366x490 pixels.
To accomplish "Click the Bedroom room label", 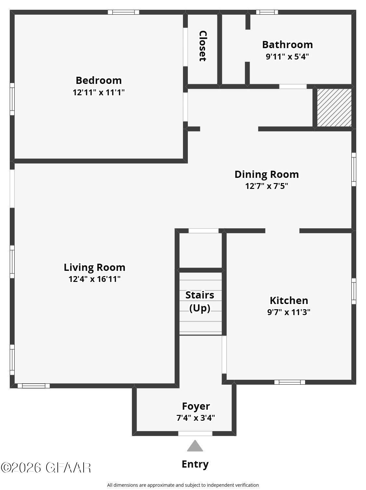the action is click(98, 80).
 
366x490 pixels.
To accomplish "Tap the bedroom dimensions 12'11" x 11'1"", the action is click(98, 92).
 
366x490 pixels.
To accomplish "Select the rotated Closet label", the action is click(203, 46).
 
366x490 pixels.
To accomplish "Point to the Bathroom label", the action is click(287, 45).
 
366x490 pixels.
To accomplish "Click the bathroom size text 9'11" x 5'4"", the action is click(287, 57).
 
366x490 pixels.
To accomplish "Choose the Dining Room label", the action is click(267, 174).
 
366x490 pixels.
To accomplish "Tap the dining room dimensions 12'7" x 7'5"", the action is click(267, 186).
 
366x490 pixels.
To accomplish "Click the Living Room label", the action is click(95, 267).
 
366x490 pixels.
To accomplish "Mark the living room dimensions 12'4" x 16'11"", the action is click(95, 279).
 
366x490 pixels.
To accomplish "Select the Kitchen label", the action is click(289, 300).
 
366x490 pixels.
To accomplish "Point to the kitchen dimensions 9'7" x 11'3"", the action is click(289, 312).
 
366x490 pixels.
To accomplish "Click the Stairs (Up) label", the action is click(200, 302).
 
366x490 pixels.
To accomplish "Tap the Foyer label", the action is click(196, 406).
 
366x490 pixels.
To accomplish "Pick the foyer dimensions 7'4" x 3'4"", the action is click(196, 418).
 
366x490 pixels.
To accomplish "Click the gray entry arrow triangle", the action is click(195, 446).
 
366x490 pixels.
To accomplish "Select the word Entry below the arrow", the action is click(195, 464).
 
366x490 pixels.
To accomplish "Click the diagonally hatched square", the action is click(334, 108).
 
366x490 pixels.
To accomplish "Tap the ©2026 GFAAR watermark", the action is click(46, 468).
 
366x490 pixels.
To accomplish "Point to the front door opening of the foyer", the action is click(195, 433).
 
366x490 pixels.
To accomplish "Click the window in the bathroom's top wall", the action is click(267, 12).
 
